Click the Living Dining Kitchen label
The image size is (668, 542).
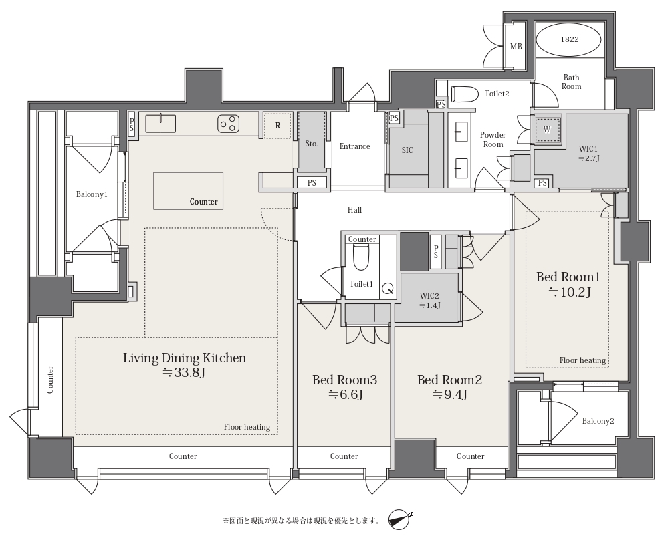[x=185, y=358]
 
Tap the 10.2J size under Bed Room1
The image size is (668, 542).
[x=568, y=293]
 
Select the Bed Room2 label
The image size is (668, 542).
[x=449, y=380]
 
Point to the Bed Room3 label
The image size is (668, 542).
[x=344, y=380]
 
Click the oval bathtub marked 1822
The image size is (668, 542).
[x=570, y=39]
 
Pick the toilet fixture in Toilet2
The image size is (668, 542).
[x=464, y=94]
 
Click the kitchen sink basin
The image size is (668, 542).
[x=160, y=124]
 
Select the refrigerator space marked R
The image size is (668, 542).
[x=277, y=125]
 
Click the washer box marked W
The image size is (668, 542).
[x=547, y=130]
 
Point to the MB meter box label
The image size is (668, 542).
[x=516, y=47]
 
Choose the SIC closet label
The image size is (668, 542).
[x=407, y=150]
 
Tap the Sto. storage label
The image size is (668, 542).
[x=312, y=144]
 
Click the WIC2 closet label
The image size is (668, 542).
[x=429, y=296]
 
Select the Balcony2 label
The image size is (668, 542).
[x=598, y=421]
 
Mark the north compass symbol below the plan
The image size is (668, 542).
[x=401, y=519]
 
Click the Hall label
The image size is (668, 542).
[x=354, y=209]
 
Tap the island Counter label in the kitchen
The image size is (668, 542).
[x=204, y=202]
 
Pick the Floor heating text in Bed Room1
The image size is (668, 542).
[x=582, y=360]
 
